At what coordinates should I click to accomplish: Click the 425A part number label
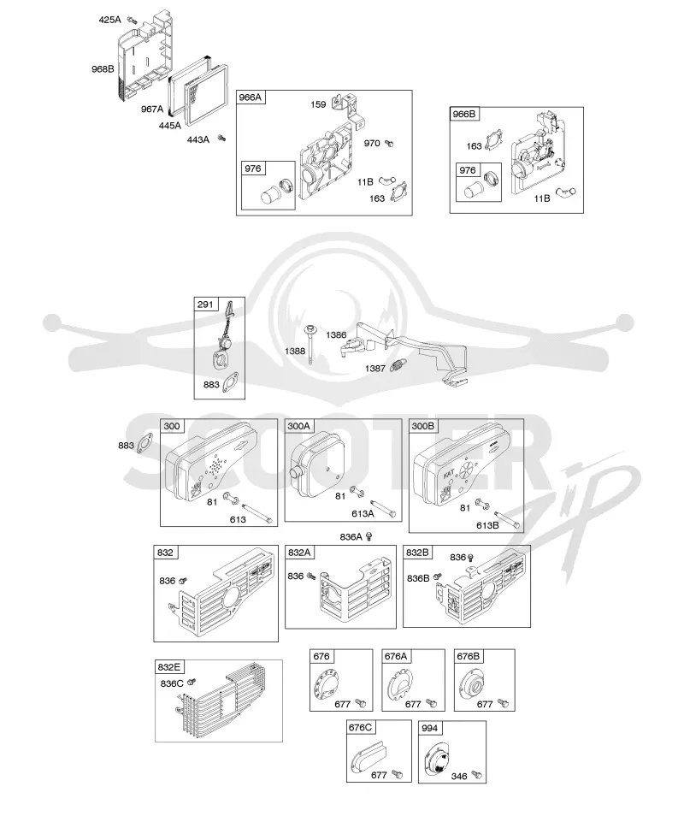tap(109, 20)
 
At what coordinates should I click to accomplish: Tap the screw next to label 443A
tap(221, 138)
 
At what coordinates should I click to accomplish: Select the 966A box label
tap(251, 98)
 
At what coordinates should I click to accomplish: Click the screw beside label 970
tap(388, 143)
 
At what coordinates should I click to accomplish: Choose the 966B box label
tap(464, 114)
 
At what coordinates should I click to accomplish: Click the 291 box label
tap(205, 305)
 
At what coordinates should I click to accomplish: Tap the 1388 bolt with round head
tap(310, 343)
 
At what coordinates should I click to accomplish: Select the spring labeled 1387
tap(398, 366)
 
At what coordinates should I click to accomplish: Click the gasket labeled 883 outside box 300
tap(145, 443)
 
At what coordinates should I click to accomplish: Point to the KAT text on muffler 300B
tap(449, 474)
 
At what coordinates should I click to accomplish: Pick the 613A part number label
tap(363, 514)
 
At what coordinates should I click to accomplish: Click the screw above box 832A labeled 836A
tap(369, 536)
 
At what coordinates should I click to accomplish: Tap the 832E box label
tap(169, 667)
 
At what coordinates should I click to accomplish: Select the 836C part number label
tap(172, 683)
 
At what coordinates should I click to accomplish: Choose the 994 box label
tap(430, 728)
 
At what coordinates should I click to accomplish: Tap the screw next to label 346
tap(476, 775)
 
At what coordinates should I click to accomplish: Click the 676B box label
tap(469, 656)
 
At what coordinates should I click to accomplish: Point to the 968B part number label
tap(103, 68)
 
